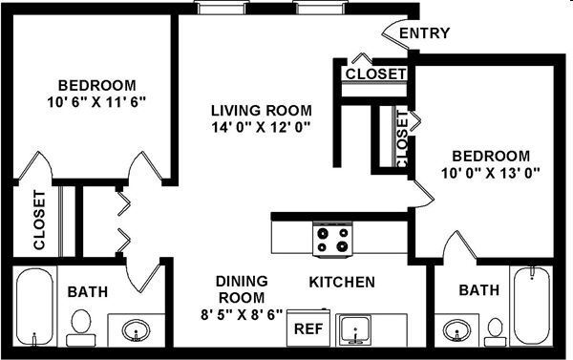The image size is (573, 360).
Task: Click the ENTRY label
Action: pyautogui.click(x=424, y=34)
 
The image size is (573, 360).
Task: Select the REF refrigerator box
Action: pyautogui.click(x=307, y=328)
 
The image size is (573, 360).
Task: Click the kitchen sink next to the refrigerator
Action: pyautogui.click(x=357, y=328)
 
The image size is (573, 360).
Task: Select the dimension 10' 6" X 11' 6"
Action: pyautogui.click(x=95, y=100)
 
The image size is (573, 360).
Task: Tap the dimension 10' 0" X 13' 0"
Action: pyautogui.click(x=490, y=173)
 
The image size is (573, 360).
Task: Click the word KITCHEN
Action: pyautogui.click(x=341, y=283)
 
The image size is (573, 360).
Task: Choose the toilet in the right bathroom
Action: pyautogui.click(x=494, y=329)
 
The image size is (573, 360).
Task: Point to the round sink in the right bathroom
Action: pyautogui.click(x=455, y=331)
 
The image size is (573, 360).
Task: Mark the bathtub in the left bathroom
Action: pyautogui.click(x=36, y=307)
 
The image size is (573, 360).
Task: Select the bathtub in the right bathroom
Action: pyautogui.click(x=533, y=307)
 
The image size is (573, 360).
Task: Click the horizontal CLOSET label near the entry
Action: pyautogui.click(x=375, y=74)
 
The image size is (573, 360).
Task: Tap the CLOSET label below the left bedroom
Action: pyautogui.click(x=39, y=221)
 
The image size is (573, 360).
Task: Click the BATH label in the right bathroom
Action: pyautogui.click(x=477, y=290)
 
